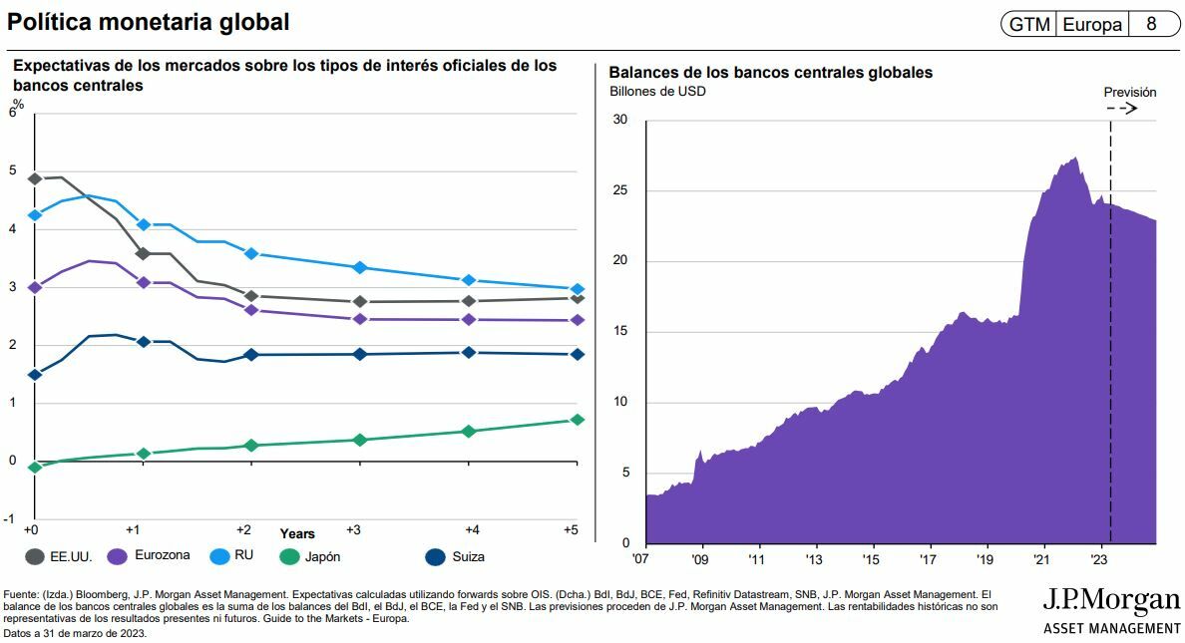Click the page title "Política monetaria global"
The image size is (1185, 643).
[149, 21]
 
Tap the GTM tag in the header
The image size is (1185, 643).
[1028, 24]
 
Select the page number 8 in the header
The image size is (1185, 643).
[1151, 24]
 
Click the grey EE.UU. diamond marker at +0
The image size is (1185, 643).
[35, 179]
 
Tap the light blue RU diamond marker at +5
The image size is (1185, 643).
[577, 289]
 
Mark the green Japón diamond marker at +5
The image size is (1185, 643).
[577, 420]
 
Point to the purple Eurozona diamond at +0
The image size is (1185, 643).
[35, 287]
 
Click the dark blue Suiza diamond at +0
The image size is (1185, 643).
[35, 375]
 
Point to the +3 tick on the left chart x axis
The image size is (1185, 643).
[352, 529]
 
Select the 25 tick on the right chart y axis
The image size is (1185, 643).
[620, 190]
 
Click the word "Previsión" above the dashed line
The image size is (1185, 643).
[1129, 92]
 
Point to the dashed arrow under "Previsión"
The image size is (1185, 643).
[1124, 108]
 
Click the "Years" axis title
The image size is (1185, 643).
[297, 534]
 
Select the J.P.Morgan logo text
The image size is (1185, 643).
[1111, 600]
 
